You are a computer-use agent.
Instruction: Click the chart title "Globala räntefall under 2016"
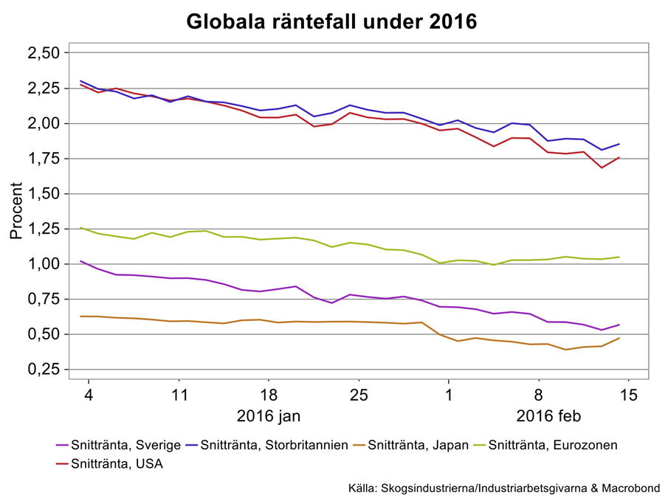pos(331,22)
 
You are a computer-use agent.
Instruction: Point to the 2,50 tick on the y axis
pos(43,53)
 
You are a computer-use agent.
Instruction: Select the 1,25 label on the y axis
pos(43,229)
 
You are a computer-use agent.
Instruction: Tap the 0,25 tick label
pos(43,370)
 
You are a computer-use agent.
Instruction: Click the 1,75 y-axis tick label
pos(43,159)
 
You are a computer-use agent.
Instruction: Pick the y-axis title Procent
pos(16,211)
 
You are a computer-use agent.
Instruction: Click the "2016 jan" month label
pos(268,416)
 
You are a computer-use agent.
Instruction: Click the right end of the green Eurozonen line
pos(619,257)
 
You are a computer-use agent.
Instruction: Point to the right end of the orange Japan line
pos(619,338)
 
